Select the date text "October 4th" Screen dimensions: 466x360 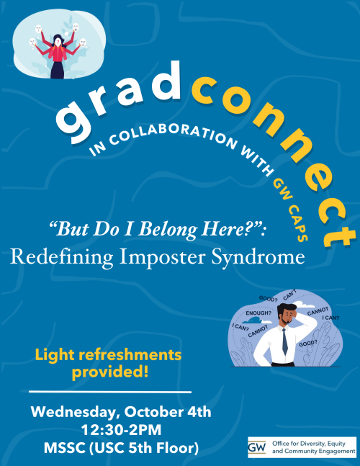(172, 413)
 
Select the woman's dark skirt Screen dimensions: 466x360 (58, 70)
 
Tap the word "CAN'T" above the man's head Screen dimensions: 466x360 (290, 295)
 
